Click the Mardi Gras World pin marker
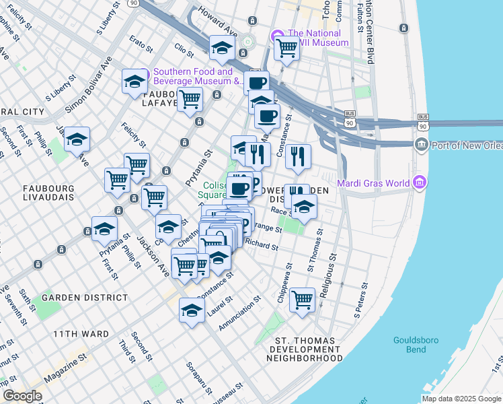[420, 182]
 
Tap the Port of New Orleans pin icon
[421, 143]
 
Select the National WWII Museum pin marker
[276, 35]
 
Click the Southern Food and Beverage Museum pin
[145, 72]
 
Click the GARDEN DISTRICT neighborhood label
[85, 297]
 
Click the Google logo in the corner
[23, 395]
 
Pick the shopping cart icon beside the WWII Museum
[286, 47]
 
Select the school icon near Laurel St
[192, 310]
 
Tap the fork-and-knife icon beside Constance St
[298, 156]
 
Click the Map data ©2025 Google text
[460, 399]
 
